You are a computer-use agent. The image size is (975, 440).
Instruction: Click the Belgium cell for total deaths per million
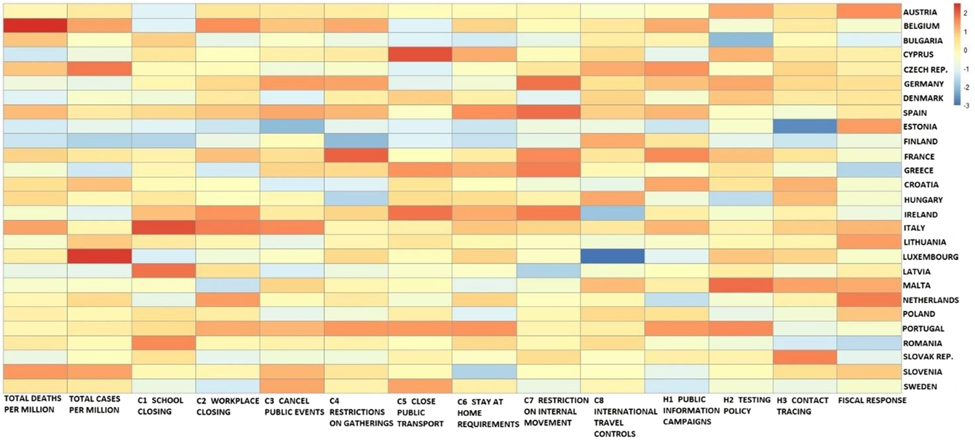(35, 25)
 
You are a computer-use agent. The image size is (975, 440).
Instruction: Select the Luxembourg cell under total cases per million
(99, 256)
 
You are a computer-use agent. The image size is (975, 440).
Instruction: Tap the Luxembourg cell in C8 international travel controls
(612, 256)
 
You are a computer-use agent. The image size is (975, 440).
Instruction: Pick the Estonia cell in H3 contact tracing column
(804, 127)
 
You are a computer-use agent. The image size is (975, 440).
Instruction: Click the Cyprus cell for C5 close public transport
(419, 55)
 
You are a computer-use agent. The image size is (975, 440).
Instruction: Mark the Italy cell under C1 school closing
(163, 228)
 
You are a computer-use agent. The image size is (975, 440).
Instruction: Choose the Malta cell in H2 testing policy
(740, 285)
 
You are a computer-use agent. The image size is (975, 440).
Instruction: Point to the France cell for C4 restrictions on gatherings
(355, 156)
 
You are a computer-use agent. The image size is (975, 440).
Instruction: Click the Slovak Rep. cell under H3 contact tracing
(804, 357)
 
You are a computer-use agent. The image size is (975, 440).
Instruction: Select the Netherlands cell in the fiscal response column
(868, 299)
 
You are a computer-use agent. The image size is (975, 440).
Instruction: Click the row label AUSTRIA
(920, 12)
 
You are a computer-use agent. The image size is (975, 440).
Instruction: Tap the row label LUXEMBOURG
(931, 257)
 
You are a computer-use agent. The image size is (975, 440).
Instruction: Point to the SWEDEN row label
(920, 387)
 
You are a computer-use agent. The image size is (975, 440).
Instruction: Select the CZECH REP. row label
(927, 70)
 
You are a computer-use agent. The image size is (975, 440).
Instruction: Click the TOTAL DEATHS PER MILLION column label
(33, 406)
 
